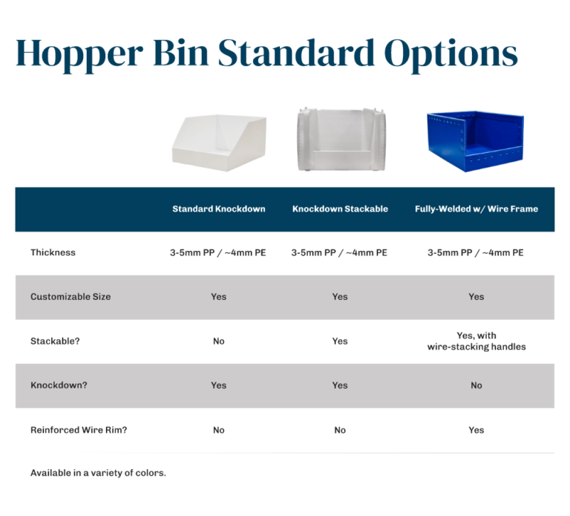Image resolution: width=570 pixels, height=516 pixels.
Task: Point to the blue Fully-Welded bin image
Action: click(x=475, y=140)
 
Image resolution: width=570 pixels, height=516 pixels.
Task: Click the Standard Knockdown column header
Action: click(x=219, y=209)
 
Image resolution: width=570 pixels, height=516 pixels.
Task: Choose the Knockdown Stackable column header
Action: click(x=340, y=209)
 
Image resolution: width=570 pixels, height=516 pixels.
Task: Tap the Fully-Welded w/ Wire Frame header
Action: click(x=476, y=209)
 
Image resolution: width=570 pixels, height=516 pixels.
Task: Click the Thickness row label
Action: click(x=53, y=252)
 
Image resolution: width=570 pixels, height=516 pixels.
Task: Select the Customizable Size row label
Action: click(x=71, y=297)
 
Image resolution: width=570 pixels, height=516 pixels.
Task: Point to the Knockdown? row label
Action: click(x=59, y=385)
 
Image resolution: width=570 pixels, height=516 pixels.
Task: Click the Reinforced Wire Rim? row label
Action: click(x=79, y=430)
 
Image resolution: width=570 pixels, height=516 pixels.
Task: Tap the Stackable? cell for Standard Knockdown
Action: click(x=219, y=342)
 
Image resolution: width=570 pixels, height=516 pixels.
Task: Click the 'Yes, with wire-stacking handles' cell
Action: click(x=476, y=342)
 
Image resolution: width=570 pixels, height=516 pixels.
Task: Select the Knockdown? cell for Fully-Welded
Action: click(x=476, y=385)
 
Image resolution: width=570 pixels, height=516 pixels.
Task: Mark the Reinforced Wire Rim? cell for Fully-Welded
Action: click(x=476, y=430)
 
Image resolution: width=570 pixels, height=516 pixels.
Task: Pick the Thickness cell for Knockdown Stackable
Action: click(x=340, y=252)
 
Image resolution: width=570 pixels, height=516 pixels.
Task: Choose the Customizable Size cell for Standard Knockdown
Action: click(x=219, y=297)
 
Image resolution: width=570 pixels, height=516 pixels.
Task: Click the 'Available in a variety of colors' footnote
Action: click(x=98, y=473)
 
